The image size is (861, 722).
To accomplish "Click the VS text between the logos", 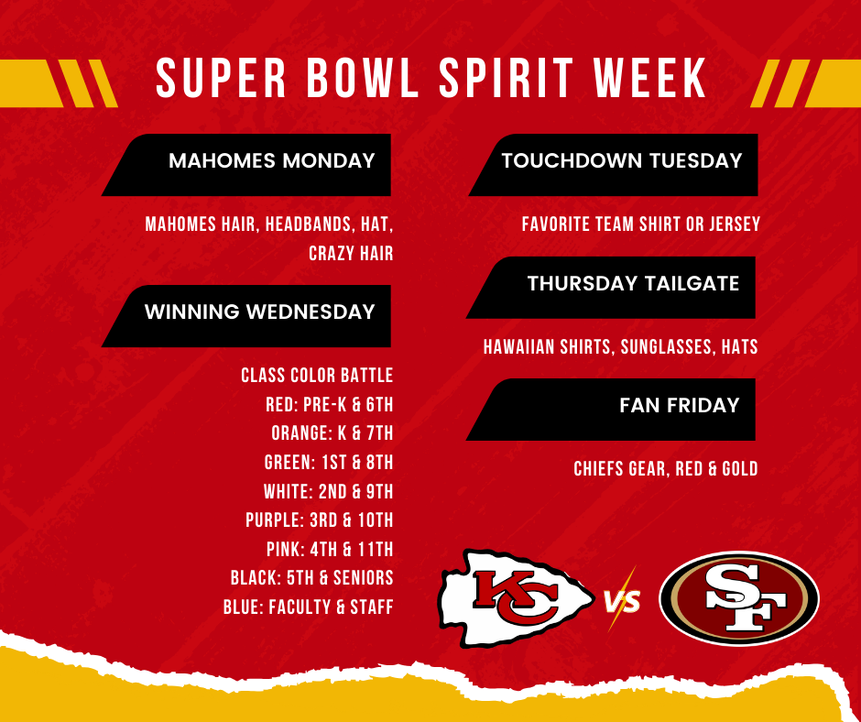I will pyautogui.click(x=622, y=602).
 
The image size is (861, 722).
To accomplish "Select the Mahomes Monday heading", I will pyautogui.click(x=272, y=161).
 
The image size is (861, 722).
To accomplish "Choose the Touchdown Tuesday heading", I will pyautogui.click(x=621, y=161).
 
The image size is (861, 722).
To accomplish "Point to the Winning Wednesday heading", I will pyautogui.click(x=259, y=312).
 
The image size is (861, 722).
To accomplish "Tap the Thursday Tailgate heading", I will pyautogui.click(x=633, y=284).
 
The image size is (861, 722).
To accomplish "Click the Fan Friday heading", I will pyautogui.click(x=679, y=405).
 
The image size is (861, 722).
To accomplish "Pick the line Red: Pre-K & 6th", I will pyautogui.click(x=329, y=404).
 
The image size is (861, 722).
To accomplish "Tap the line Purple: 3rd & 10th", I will pyautogui.click(x=319, y=520).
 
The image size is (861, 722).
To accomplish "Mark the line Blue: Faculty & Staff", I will pyautogui.click(x=308, y=607).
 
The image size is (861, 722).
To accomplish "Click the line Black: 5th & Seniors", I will pyautogui.click(x=311, y=578).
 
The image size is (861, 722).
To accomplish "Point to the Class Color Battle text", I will pyautogui.click(x=317, y=376).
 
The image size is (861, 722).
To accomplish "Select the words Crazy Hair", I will pyautogui.click(x=351, y=254).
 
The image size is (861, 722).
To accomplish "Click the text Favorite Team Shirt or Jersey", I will pyautogui.click(x=640, y=224).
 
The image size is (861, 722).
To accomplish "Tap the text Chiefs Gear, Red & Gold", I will pyautogui.click(x=665, y=469).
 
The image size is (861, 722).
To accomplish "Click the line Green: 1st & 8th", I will pyautogui.click(x=329, y=463).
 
